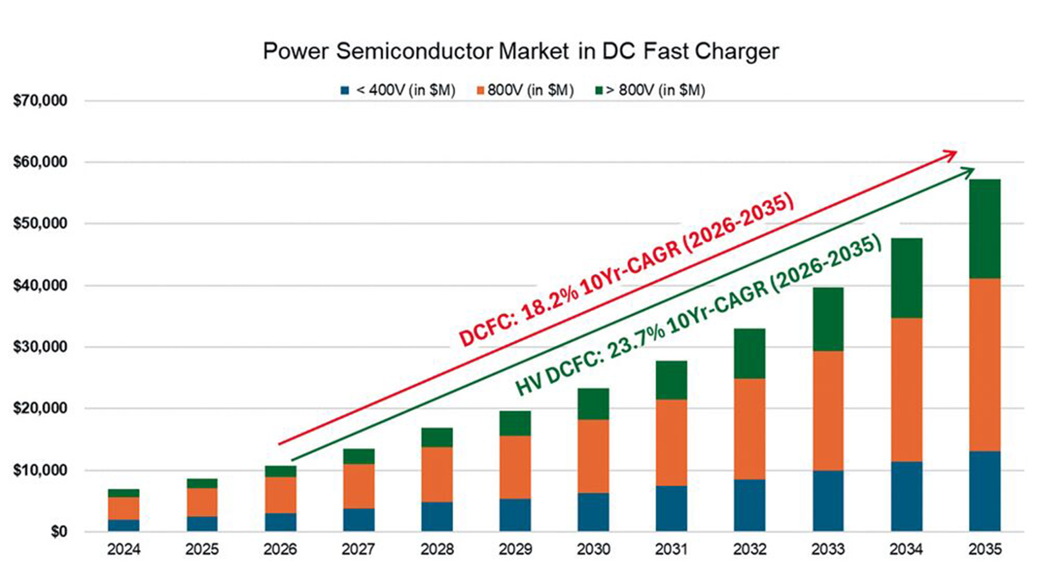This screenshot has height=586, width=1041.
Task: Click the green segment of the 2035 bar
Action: click(x=985, y=229)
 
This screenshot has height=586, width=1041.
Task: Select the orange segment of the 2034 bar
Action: click(x=906, y=389)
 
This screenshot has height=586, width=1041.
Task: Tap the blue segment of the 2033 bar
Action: click(x=828, y=500)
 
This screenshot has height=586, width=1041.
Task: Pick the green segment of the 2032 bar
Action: click(x=750, y=354)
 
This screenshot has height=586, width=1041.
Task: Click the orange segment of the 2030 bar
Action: click(x=593, y=456)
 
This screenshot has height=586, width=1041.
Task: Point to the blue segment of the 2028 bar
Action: click(x=437, y=516)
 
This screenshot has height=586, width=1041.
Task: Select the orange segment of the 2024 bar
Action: click(x=124, y=508)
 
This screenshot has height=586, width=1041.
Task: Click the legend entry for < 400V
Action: click(x=405, y=90)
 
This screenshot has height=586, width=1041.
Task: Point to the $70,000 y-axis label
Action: click(x=41, y=101)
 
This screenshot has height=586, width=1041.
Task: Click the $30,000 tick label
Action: click(x=41, y=347)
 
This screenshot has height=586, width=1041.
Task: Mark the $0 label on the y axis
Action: click(x=59, y=532)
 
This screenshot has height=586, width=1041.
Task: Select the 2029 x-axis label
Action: click(x=515, y=549)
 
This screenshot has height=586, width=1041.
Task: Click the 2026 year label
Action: click(x=280, y=549)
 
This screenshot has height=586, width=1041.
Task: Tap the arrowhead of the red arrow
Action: click(x=951, y=155)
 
